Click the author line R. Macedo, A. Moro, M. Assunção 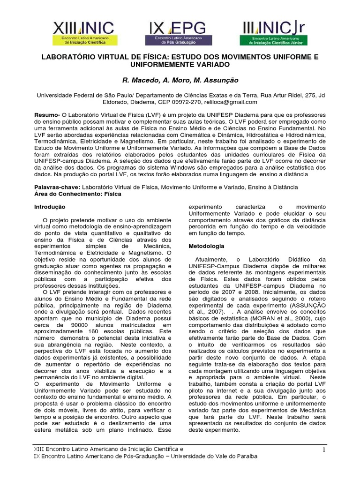point(180,80)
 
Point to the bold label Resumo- point(48,115)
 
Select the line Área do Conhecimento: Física point(78,194)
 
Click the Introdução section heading point(53,207)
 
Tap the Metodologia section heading point(206,246)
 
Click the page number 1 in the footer point(323,450)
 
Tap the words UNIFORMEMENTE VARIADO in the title point(180,64)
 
